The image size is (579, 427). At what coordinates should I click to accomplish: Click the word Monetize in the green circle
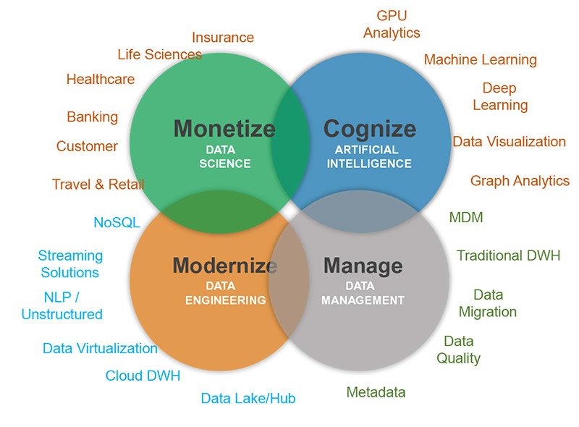click(224, 129)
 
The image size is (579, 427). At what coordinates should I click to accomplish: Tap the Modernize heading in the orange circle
click(225, 265)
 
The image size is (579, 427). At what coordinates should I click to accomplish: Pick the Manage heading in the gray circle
click(363, 266)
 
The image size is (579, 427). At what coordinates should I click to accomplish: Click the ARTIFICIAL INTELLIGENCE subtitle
click(369, 156)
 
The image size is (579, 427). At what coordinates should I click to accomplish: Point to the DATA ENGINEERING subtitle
click(225, 293)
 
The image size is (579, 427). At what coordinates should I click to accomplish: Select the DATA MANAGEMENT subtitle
click(363, 293)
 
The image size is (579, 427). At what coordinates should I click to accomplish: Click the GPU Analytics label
click(392, 25)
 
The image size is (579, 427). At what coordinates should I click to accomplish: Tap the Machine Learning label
click(480, 60)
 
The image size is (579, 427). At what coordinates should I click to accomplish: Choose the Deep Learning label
click(500, 97)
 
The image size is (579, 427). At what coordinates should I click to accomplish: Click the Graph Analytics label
click(520, 181)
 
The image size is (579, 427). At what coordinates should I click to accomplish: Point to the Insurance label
click(223, 38)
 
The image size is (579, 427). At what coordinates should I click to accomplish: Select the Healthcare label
click(101, 79)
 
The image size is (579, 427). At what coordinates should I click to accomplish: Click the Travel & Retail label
click(98, 184)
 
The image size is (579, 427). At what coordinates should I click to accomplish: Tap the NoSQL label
click(117, 222)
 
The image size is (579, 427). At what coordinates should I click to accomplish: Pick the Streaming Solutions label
click(70, 263)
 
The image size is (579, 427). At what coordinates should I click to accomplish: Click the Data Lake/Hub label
click(248, 398)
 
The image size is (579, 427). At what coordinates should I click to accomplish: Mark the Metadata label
click(376, 392)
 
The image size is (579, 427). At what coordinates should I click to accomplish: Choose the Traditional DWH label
click(509, 255)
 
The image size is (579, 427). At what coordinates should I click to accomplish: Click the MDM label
click(466, 217)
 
